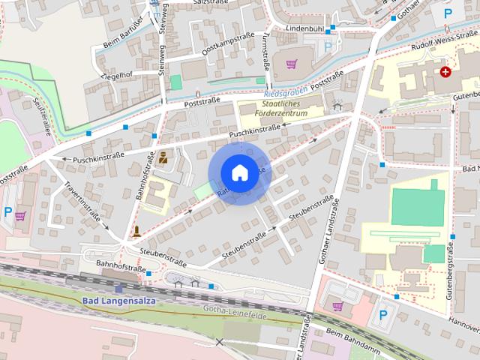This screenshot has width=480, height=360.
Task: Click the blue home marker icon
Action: click(x=238, y=172)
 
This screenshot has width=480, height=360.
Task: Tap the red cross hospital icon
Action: click(x=446, y=72)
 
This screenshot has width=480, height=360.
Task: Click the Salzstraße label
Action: click(x=210, y=4)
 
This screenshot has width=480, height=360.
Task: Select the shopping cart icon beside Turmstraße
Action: click(x=292, y=64)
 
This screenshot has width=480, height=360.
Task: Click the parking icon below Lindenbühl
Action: click(x=327, y=46)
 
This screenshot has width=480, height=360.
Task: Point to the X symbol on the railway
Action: click(x=219, y=342)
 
